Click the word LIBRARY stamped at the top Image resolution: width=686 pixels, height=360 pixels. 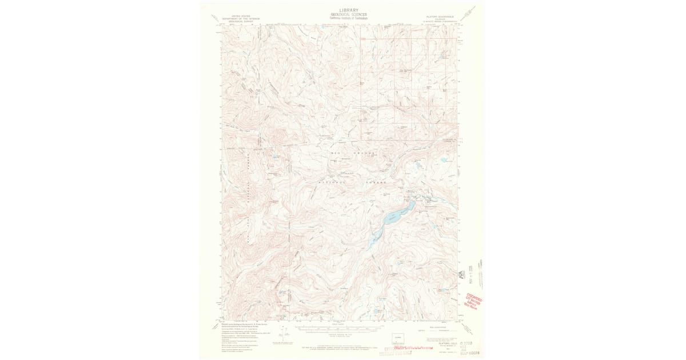(x=349, y=10)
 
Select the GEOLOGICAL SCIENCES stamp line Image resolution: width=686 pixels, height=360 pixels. (x=349, y=14)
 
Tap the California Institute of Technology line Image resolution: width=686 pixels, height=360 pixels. (x=349, y=18)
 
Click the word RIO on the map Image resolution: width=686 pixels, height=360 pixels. (x=335, y=154)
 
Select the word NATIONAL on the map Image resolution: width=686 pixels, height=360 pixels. (x=329, y=181)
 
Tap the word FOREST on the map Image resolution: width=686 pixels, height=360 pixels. (x=376, y=181)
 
